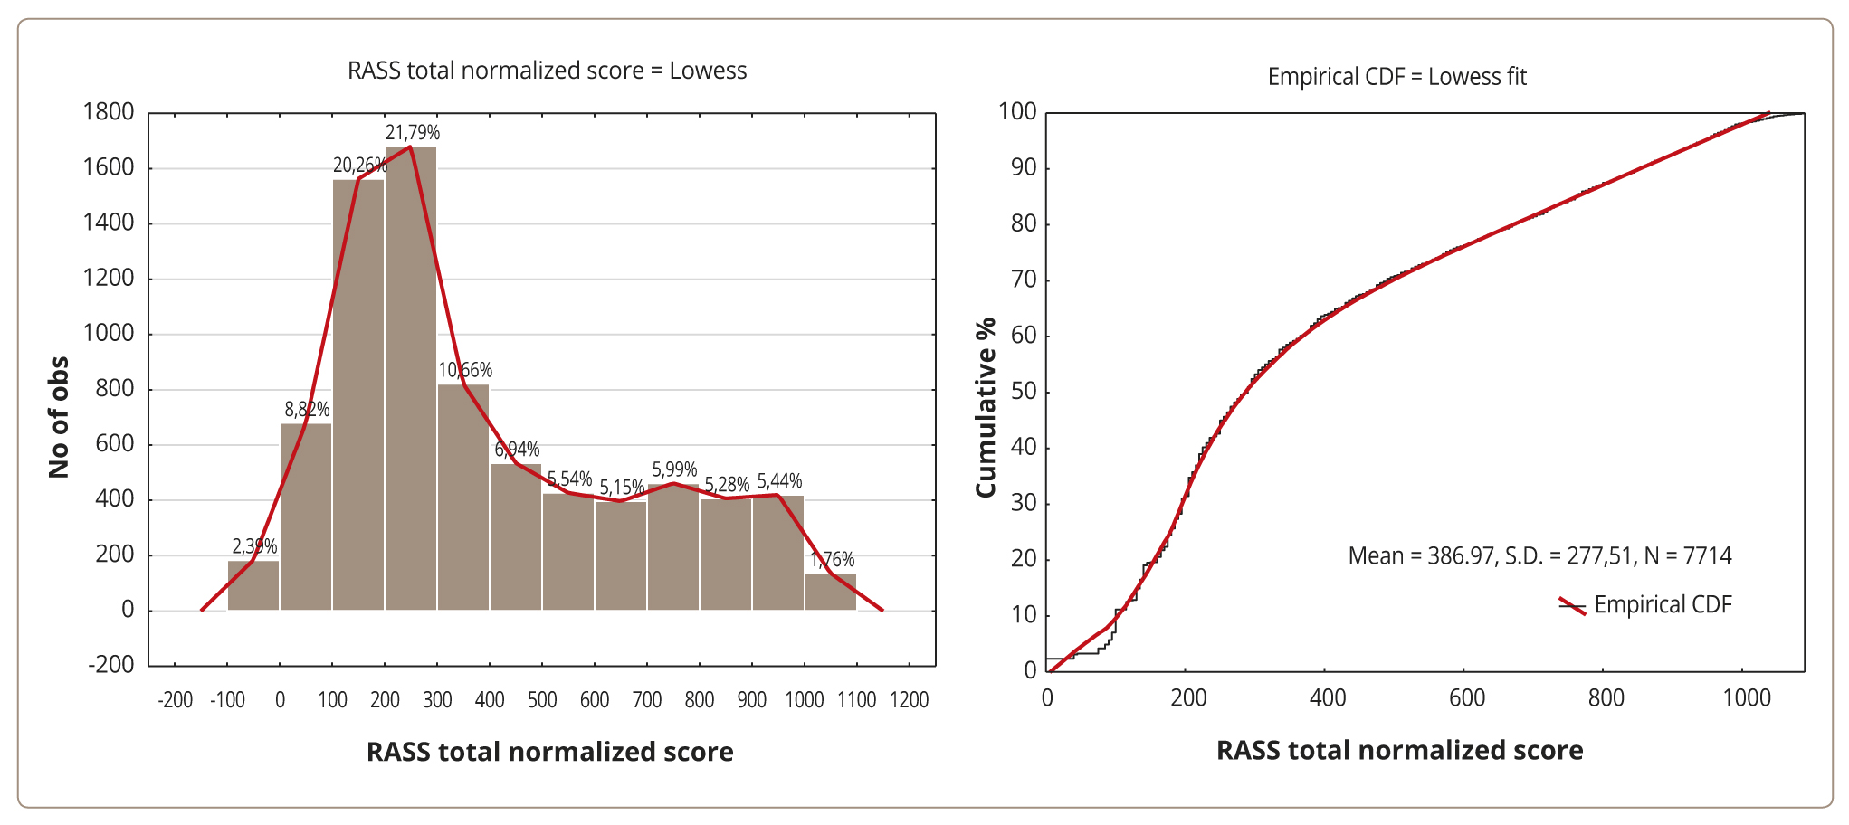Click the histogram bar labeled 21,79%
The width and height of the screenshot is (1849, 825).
point(411,380)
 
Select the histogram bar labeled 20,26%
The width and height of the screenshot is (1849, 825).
point(358,398)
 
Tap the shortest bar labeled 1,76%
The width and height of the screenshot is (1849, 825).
point(831,593)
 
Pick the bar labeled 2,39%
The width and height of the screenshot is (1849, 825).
point(253,586)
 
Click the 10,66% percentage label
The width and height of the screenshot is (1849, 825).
point(465,370)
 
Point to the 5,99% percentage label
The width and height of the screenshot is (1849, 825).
point(674,469)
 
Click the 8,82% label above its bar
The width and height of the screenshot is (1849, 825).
point(307,410)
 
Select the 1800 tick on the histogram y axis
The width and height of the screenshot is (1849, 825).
point(109,112)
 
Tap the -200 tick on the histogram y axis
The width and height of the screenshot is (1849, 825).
point(110,665)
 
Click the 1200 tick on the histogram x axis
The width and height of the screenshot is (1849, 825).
point(909,700)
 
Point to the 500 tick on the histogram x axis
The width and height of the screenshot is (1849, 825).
point(542,700)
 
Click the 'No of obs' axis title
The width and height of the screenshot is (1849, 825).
point(59,417)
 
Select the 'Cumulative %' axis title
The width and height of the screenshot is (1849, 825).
point(986,407)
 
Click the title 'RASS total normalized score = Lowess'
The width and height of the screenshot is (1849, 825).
point(547,71)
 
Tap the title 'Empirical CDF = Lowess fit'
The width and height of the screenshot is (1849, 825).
point(1396,77)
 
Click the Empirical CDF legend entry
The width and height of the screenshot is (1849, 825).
point(1645,605)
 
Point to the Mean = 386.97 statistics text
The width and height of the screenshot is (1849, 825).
point(1539,555)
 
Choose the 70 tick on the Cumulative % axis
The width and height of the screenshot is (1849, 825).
point(1024,280)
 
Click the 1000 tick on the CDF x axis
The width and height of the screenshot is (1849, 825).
point(1746,698)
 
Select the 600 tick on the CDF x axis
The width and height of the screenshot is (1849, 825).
point(1466,698)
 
